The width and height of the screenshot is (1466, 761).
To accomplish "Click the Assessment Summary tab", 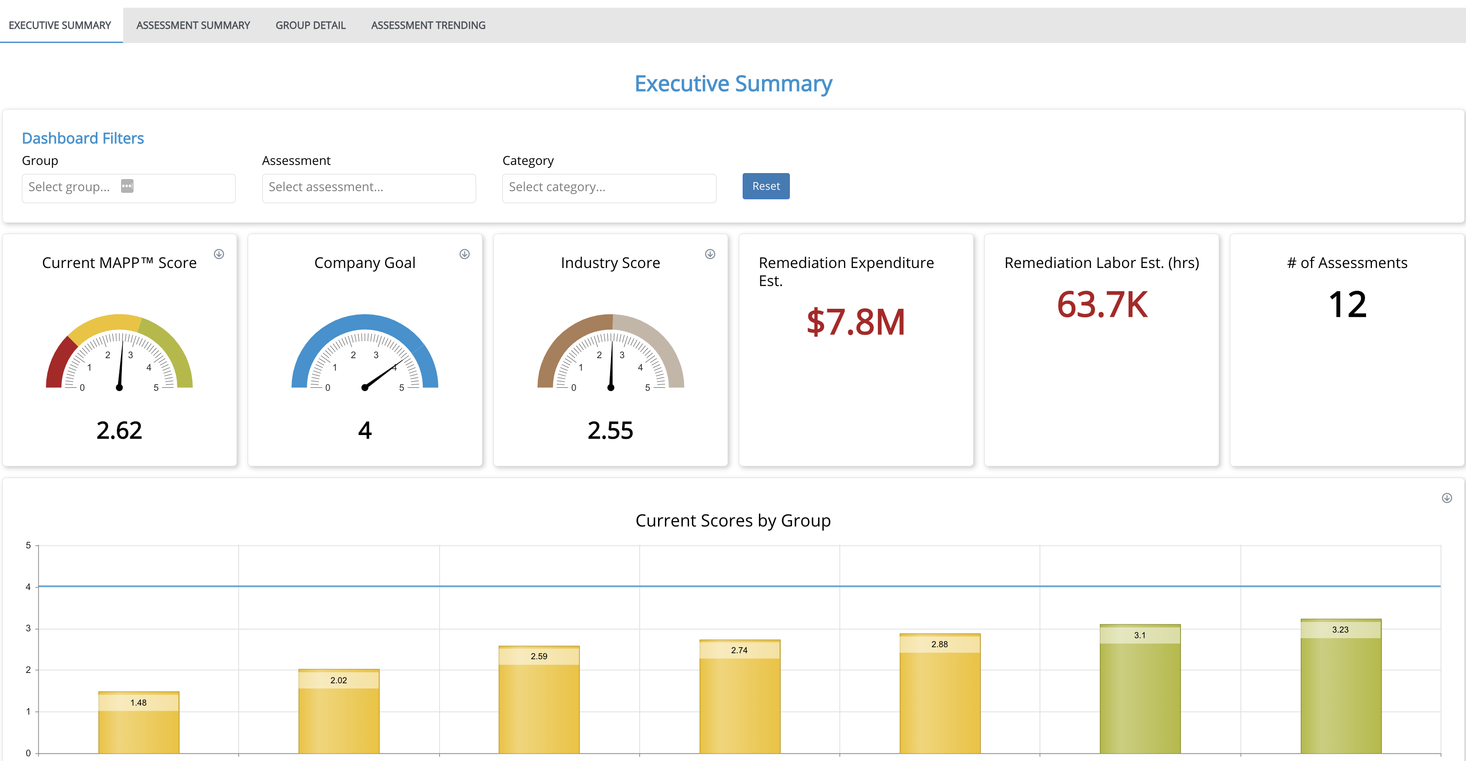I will point(193,25).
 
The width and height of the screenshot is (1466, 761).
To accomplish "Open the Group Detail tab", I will point(310,25).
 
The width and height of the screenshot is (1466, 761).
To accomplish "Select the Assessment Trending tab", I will point(428,25).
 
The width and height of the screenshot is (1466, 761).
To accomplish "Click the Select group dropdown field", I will point(68,188).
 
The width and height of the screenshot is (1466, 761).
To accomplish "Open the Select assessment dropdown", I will point(368,188).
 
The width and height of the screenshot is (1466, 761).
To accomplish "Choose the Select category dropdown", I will point(608,188).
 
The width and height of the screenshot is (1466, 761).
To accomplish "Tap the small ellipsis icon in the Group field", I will point(127,186).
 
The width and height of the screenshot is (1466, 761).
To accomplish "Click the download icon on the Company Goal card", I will point(464,254).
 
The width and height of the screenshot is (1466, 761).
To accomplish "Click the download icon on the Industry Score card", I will point(710,254).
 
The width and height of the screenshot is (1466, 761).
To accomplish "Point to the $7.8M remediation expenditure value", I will point(856,322).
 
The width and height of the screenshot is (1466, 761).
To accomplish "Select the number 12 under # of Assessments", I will point(1347,304).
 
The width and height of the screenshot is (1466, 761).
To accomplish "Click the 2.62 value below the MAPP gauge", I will point(119,430).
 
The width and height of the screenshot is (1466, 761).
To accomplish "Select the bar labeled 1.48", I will point(138,726).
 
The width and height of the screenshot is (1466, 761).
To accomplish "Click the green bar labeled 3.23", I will point(1340,689).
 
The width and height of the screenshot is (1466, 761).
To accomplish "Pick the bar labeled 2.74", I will point(739,700).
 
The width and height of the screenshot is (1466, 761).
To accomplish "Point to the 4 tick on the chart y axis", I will point(28,587).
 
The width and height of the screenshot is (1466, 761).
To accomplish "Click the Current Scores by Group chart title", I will point(732,520).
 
